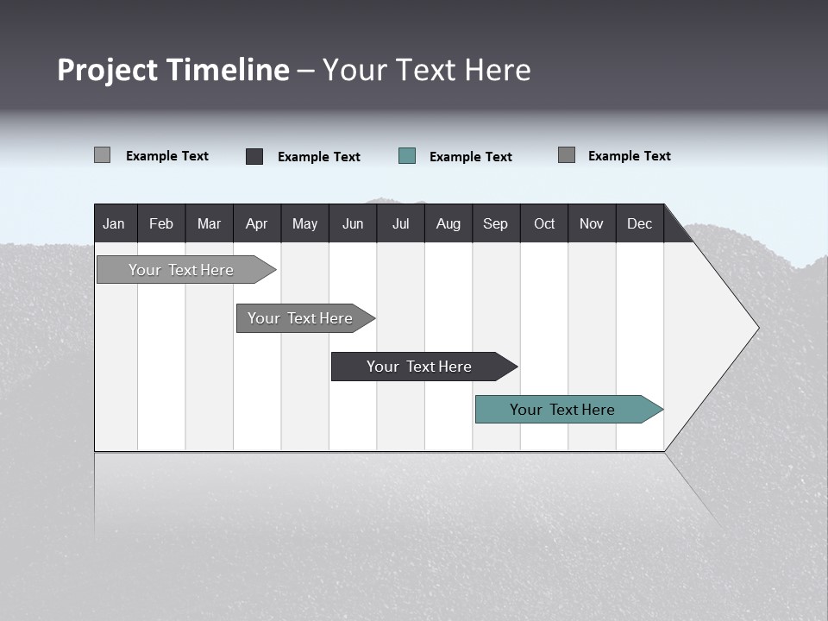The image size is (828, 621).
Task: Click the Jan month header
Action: (x=114, y=223)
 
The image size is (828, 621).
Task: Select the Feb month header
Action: (x=161, y=223)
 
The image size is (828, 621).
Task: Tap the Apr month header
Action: (x=256, y=223)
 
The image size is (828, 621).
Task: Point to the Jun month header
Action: (x=353, y=223)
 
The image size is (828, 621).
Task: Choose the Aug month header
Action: (x=448, y=223)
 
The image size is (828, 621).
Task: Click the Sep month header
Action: (x=495, y=223)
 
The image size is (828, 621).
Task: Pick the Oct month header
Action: (x=544, y=223)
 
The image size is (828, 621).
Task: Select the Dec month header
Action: (x=639, y=223)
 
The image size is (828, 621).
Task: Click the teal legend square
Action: (x=407, y=156)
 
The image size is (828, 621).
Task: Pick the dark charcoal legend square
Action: (x=254, y=156)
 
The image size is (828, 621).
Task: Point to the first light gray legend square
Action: (x=102, y=155)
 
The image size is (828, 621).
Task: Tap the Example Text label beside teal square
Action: (x=471, y=157)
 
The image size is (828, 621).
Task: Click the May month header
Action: (x=304, y=223)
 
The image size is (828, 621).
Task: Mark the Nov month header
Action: (x=592, y=223)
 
